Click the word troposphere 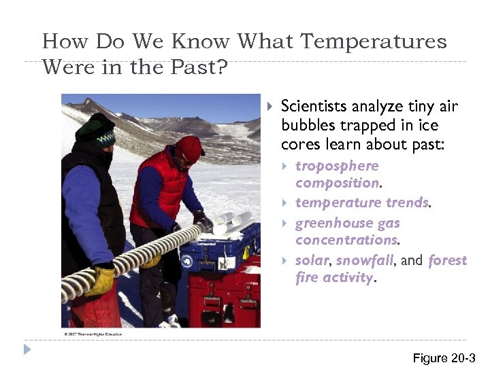(337, 166)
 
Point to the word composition (337, 183)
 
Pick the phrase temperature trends (361, 203)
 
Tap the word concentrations (346, 240)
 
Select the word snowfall (365, 260)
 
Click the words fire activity (334, 277)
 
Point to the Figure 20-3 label (443, 358)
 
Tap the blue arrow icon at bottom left (27, 349)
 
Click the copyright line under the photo (95, 334)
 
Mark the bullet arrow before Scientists (269, 107)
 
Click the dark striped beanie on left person (96, 130)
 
